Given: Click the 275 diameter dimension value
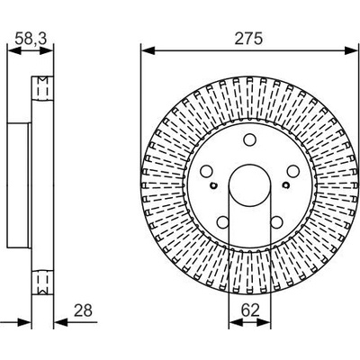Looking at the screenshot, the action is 248,39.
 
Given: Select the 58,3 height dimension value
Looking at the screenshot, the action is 31,40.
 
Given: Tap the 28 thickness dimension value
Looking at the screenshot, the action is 83,310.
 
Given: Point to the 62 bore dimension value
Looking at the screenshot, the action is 250,310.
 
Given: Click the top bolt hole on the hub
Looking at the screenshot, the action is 249,139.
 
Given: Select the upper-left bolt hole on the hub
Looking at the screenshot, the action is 206,171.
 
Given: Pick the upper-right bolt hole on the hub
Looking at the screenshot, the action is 292,171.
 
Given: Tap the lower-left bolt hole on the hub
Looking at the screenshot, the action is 223,222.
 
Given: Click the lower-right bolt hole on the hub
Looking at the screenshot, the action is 276,222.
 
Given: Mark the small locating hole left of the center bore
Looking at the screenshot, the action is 213,185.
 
